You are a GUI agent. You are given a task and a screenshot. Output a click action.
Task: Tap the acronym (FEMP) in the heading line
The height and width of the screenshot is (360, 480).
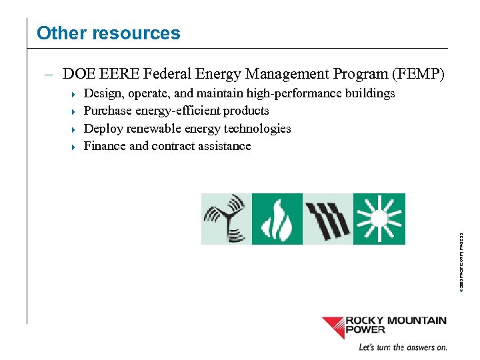(419, 74)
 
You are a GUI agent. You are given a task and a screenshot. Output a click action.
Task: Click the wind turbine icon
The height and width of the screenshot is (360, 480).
(227, 219)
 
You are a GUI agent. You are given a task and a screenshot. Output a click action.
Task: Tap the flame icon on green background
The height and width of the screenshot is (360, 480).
(277, 219)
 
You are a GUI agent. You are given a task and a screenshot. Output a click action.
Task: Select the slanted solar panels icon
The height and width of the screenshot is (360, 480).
(327, 219)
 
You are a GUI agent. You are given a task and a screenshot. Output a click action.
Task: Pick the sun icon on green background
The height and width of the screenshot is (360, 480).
(379, 219)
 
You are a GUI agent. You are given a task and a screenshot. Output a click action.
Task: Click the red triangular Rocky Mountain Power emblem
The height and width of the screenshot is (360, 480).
(333, 327)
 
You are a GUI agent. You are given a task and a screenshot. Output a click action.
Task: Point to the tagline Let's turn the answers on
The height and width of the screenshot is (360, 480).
(403, 347)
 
